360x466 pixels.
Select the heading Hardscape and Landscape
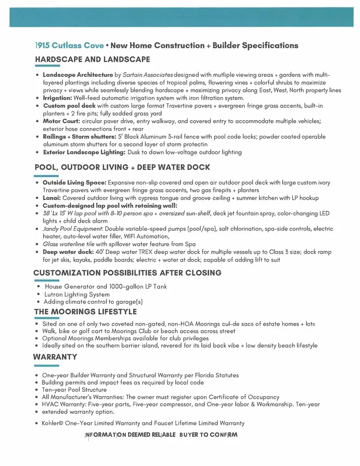[92, 59]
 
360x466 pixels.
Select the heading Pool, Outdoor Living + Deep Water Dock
[122, 167]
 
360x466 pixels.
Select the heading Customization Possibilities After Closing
[127, 273]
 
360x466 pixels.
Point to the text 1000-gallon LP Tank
[138, 287]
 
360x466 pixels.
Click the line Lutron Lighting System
[77, 294]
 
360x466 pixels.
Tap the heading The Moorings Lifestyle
[85, 312]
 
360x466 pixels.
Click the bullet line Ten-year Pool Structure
[74, 390]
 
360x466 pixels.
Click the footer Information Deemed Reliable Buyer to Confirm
[161, 435]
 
